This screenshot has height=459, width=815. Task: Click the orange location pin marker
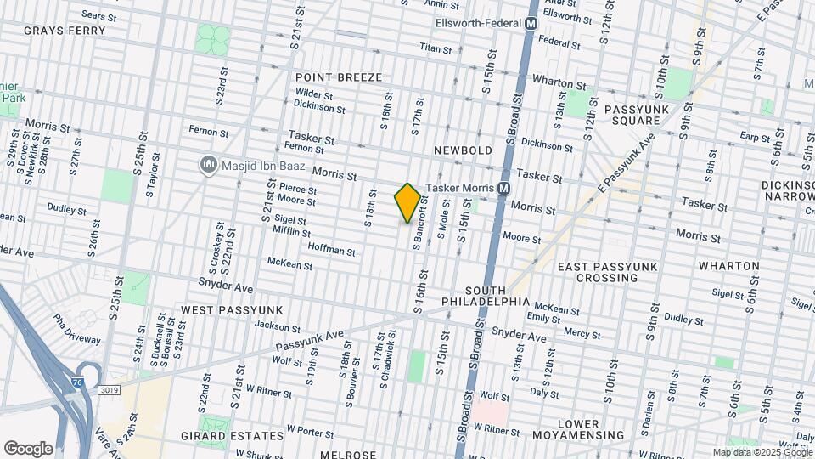[x=407, y=203]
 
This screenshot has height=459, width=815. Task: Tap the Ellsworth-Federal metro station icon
[x=531, y=25]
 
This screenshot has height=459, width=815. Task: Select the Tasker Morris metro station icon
[x=503, y=188]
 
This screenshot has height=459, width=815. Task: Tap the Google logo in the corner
[x=28, y=448]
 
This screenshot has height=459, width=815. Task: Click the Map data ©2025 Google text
[x=762, y=452]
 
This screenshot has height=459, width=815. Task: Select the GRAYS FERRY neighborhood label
[x=65, y=31]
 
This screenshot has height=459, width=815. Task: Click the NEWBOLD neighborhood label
[x=463, y=150]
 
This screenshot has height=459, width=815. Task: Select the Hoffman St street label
[x=332, y=251]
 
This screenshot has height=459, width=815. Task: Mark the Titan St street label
[x=436, y=49]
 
